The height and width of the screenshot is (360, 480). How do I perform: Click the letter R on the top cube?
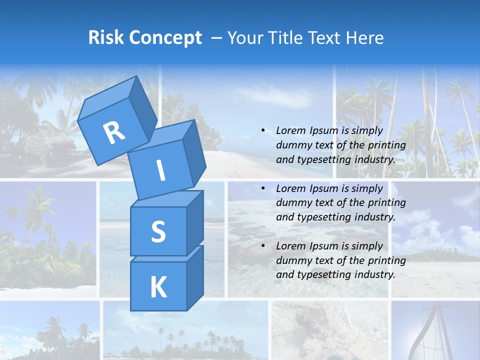(114, 132)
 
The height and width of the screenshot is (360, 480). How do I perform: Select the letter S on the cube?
(158, 231)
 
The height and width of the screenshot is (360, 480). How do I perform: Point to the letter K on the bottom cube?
(158, 287)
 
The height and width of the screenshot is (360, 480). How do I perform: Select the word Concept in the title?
(165, 37)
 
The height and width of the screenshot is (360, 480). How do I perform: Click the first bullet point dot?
(263, 131)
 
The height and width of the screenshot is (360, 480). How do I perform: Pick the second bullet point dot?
(263, 188)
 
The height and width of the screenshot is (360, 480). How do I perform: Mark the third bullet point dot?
(263, 246)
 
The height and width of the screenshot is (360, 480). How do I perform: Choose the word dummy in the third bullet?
(292, 260)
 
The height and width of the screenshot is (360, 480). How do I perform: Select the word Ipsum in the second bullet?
(323, 188)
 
